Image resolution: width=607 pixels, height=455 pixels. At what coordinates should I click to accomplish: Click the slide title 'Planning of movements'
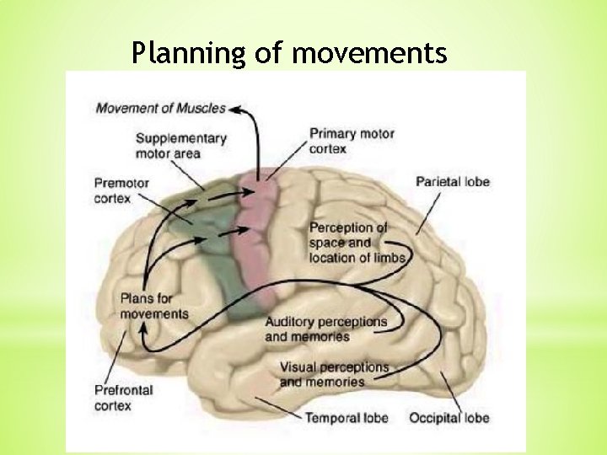pos(289,53)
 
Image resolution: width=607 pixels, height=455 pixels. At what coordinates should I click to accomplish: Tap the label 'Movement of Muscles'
pos(160,108)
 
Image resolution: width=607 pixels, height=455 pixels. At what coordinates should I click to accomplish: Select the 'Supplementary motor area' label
pos(180,146)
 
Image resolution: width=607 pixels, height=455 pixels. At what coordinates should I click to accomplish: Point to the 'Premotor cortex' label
pos(121,190)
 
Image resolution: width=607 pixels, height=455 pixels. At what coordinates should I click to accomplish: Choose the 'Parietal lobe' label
pos(453,182)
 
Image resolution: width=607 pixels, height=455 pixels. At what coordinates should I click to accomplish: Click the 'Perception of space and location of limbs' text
pos(356,243)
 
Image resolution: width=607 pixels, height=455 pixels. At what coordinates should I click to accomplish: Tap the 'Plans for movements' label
pos(154,306)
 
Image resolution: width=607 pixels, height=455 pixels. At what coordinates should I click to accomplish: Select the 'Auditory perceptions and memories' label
pos(326,329)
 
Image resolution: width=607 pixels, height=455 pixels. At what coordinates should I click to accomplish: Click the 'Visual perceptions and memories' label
pos(334,374)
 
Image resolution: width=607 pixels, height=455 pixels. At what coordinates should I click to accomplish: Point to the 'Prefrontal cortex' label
pos(124,398)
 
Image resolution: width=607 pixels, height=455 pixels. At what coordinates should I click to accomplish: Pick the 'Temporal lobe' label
pos(346,418)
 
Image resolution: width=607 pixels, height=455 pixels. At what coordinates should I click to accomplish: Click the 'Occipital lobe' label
pos(449,418)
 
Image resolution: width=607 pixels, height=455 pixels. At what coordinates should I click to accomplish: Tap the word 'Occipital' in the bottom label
pos(434,418)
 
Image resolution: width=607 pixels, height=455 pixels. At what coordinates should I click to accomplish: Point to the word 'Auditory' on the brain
pos(290,322)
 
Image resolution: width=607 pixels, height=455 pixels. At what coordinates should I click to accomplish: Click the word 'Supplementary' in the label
pos(180,138)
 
